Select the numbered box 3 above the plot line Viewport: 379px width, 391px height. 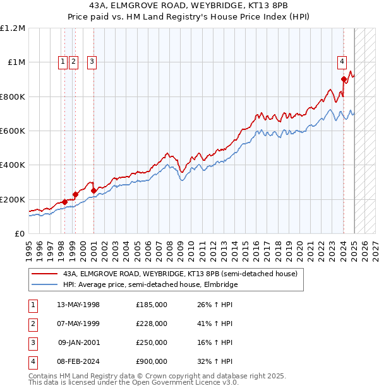point(92,61)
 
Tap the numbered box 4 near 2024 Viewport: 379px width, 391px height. point(342,61)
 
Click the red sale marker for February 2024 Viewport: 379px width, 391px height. point(344,79)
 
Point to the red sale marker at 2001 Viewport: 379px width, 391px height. point(93,190)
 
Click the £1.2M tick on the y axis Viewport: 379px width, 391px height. point(13,28)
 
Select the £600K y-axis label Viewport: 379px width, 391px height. point(13,131)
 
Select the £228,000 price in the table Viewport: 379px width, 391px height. point(151,324)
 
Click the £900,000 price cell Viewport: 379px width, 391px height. point(151,361)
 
